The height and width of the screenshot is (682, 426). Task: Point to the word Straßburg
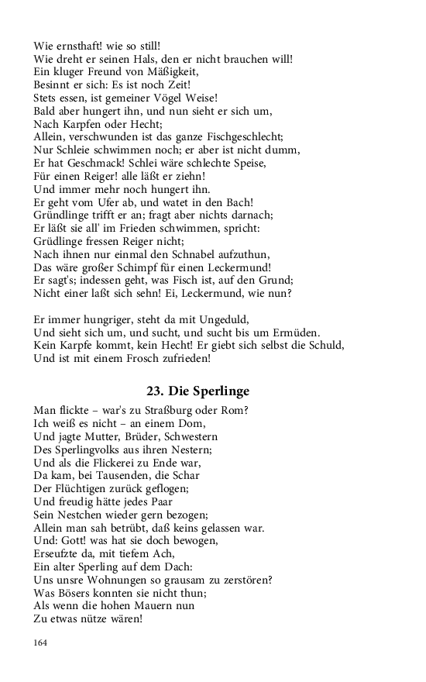184,410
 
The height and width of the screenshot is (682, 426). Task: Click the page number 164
41,642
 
